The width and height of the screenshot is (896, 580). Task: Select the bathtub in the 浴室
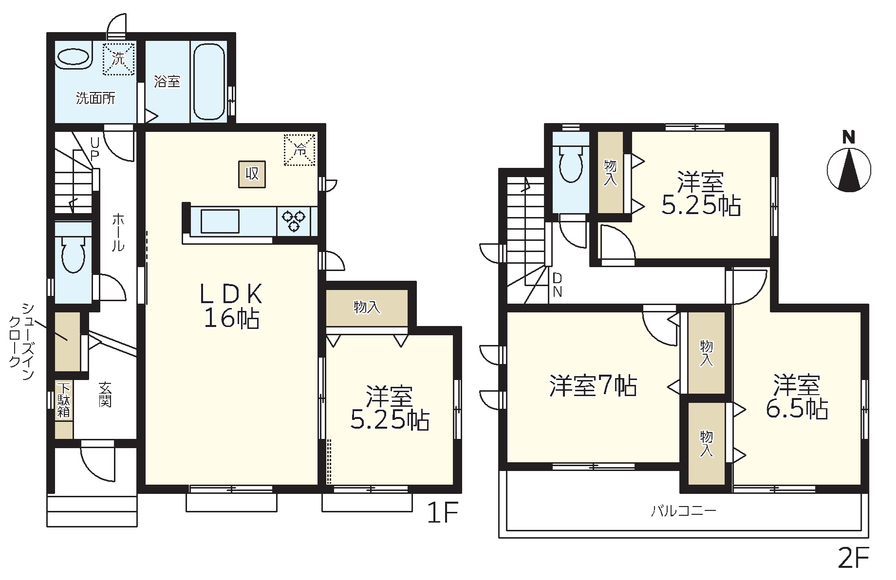pyautogui.click(x=209, y=81)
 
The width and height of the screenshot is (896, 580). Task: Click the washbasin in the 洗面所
pyautogui.click(x=74, y=58)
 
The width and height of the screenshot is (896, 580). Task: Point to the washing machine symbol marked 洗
pyautogui.click(x=118, y=59)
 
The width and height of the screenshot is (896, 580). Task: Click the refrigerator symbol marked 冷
pyautogui.click(x=300, y=150)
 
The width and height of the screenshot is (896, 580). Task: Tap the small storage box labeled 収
pyautogui.click(x=252, y=174)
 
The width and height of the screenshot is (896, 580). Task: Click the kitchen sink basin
pyautogui.click(x=220, y=221)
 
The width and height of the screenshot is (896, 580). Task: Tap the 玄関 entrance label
pyautogui.click(x=106, y=394)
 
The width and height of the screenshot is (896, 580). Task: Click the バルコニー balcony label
pyautogui.click(x=684, y=511)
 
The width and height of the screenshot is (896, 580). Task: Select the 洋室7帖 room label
pyautogui.click(x=593, y=386)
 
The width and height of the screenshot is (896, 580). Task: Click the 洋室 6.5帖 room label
pyautogui.click(x=797, y=397)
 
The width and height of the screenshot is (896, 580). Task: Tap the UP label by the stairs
pyautogui.click(x=94, y=149)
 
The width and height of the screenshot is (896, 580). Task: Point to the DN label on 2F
pyautogui.click(x=558, y=285)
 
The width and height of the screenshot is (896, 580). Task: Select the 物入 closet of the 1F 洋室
pyautogui.click(x=367, y=308)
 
